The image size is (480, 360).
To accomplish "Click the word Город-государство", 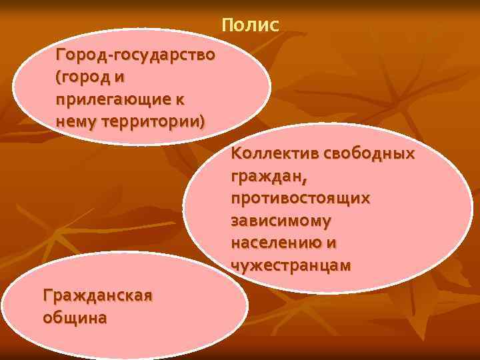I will pyautogui.click(x=136, y=54).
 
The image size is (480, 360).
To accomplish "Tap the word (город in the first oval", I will pyautogui.click(x=84, y=77).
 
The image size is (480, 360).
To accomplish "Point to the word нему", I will pyautogui.click(x=75, y=122).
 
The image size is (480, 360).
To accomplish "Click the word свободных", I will pyautogui.click(x=369, y=154).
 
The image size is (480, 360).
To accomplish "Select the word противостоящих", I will pyautogui.click(x=301, y=199).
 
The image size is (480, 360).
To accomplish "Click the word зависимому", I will pyautogui.click(x=281, y=221).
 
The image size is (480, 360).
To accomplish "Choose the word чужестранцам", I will pyautogui.click(x=291, y=265).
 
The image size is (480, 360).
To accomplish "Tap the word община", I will pyautogui.click(x=74, y=317).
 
